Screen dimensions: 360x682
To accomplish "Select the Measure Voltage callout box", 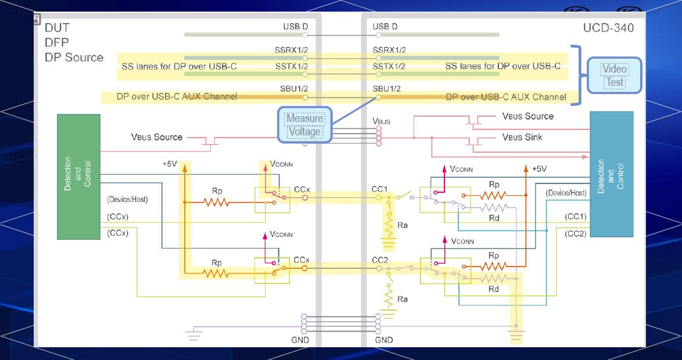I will [x=304, y=125].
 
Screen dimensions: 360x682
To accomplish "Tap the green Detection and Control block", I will [x=78, y=177].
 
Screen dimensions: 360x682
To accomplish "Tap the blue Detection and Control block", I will [x=611, y=174].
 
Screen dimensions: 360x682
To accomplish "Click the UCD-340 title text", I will [x=608, y=28].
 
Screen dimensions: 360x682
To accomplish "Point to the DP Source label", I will [x=74, y=57].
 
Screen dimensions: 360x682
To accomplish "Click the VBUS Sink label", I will [x=522, y=138].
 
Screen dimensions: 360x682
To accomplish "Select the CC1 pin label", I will [x=379, y=189].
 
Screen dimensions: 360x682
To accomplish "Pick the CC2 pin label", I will [x=380, y=260].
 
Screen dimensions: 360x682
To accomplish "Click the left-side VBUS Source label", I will [x=156, y=138].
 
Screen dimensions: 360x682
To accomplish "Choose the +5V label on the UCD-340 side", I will [x=539, y=169].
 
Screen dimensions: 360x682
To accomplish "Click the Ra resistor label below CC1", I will [x=403, y=224].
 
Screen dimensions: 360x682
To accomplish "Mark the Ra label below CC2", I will [x=402, y=299].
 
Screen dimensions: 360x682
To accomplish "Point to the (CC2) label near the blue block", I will [x=575, y=233].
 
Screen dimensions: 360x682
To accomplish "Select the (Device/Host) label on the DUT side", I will [x=127, y=199].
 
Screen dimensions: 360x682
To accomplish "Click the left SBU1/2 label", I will [x=292, y=89].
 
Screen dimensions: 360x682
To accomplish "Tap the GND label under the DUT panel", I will [x=300, y=340].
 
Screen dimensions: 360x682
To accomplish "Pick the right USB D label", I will [x=385, y=27].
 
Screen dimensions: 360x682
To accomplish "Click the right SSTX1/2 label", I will [x=389, y=66].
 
